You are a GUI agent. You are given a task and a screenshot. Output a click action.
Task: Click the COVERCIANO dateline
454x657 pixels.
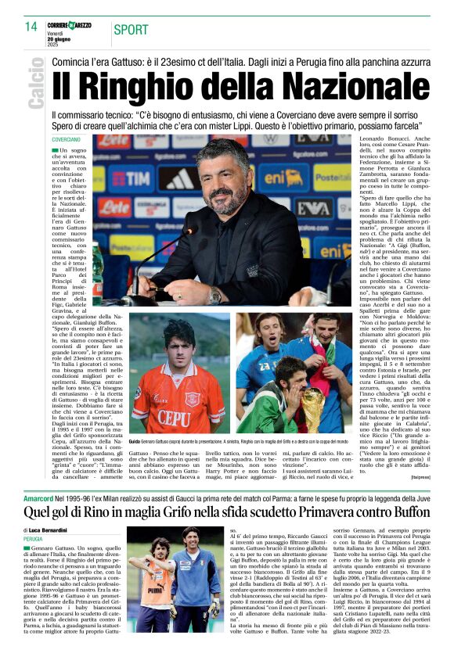[x=66, y=139]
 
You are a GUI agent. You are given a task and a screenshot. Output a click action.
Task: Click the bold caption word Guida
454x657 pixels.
[x=137, y=443]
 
